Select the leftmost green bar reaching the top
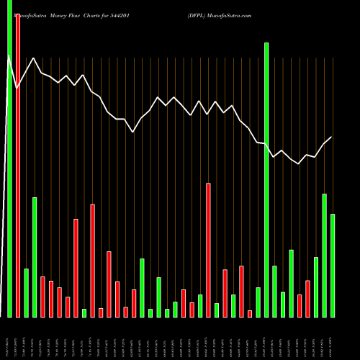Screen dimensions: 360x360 9,158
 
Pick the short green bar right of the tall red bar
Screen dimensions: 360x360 27,292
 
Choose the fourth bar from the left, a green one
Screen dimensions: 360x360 35,257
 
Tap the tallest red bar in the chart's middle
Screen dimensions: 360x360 208,250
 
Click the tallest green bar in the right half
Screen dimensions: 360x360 266,180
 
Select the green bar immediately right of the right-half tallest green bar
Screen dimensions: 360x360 275,291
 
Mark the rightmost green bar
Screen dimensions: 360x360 333,265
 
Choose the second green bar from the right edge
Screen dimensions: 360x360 324,255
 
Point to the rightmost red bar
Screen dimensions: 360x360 307,299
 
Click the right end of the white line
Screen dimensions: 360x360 332,137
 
